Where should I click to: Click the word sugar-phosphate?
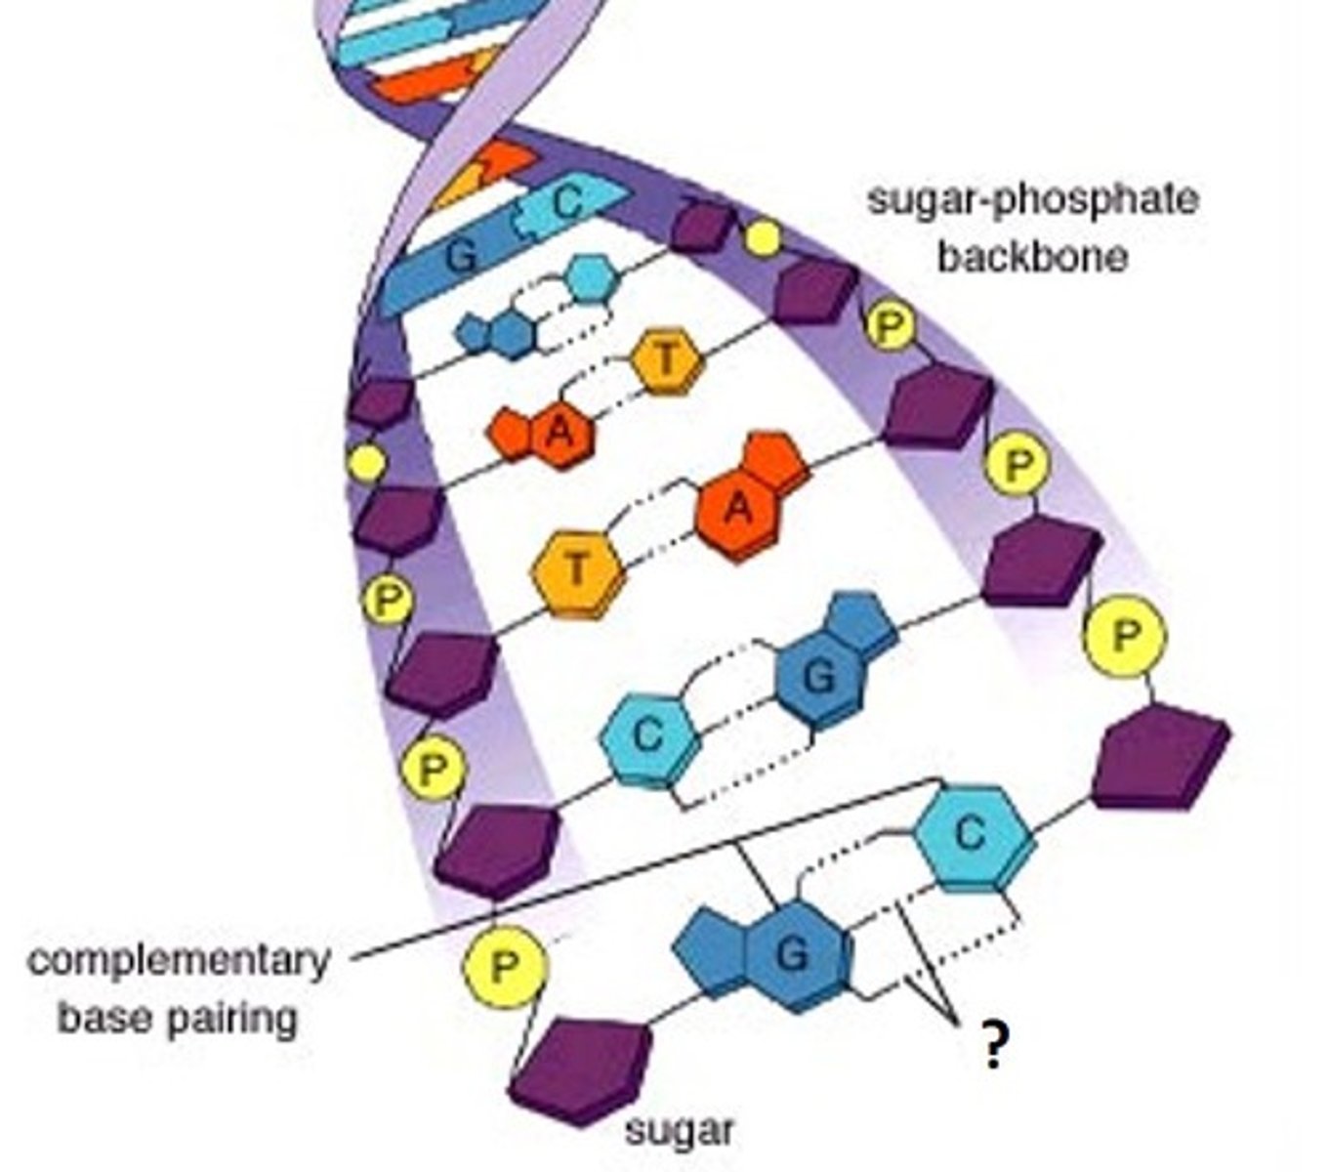(1032, 199)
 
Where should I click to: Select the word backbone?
(1032, 256)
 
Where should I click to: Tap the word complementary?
(179, 960)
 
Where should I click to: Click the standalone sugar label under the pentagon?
(679, 1131)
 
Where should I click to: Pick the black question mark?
(993, 1046)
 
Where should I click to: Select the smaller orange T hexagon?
(667, 360)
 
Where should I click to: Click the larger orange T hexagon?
(578, 572)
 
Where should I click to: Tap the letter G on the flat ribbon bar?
(462, 256)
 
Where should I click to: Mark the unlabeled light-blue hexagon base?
(592, 280)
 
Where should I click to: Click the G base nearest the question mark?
(792, 955)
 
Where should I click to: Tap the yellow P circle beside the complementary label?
(504, 967)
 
